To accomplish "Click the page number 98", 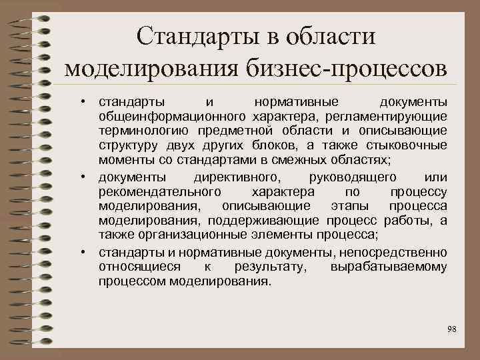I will click(452, 329).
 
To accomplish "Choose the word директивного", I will click(240, 177).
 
